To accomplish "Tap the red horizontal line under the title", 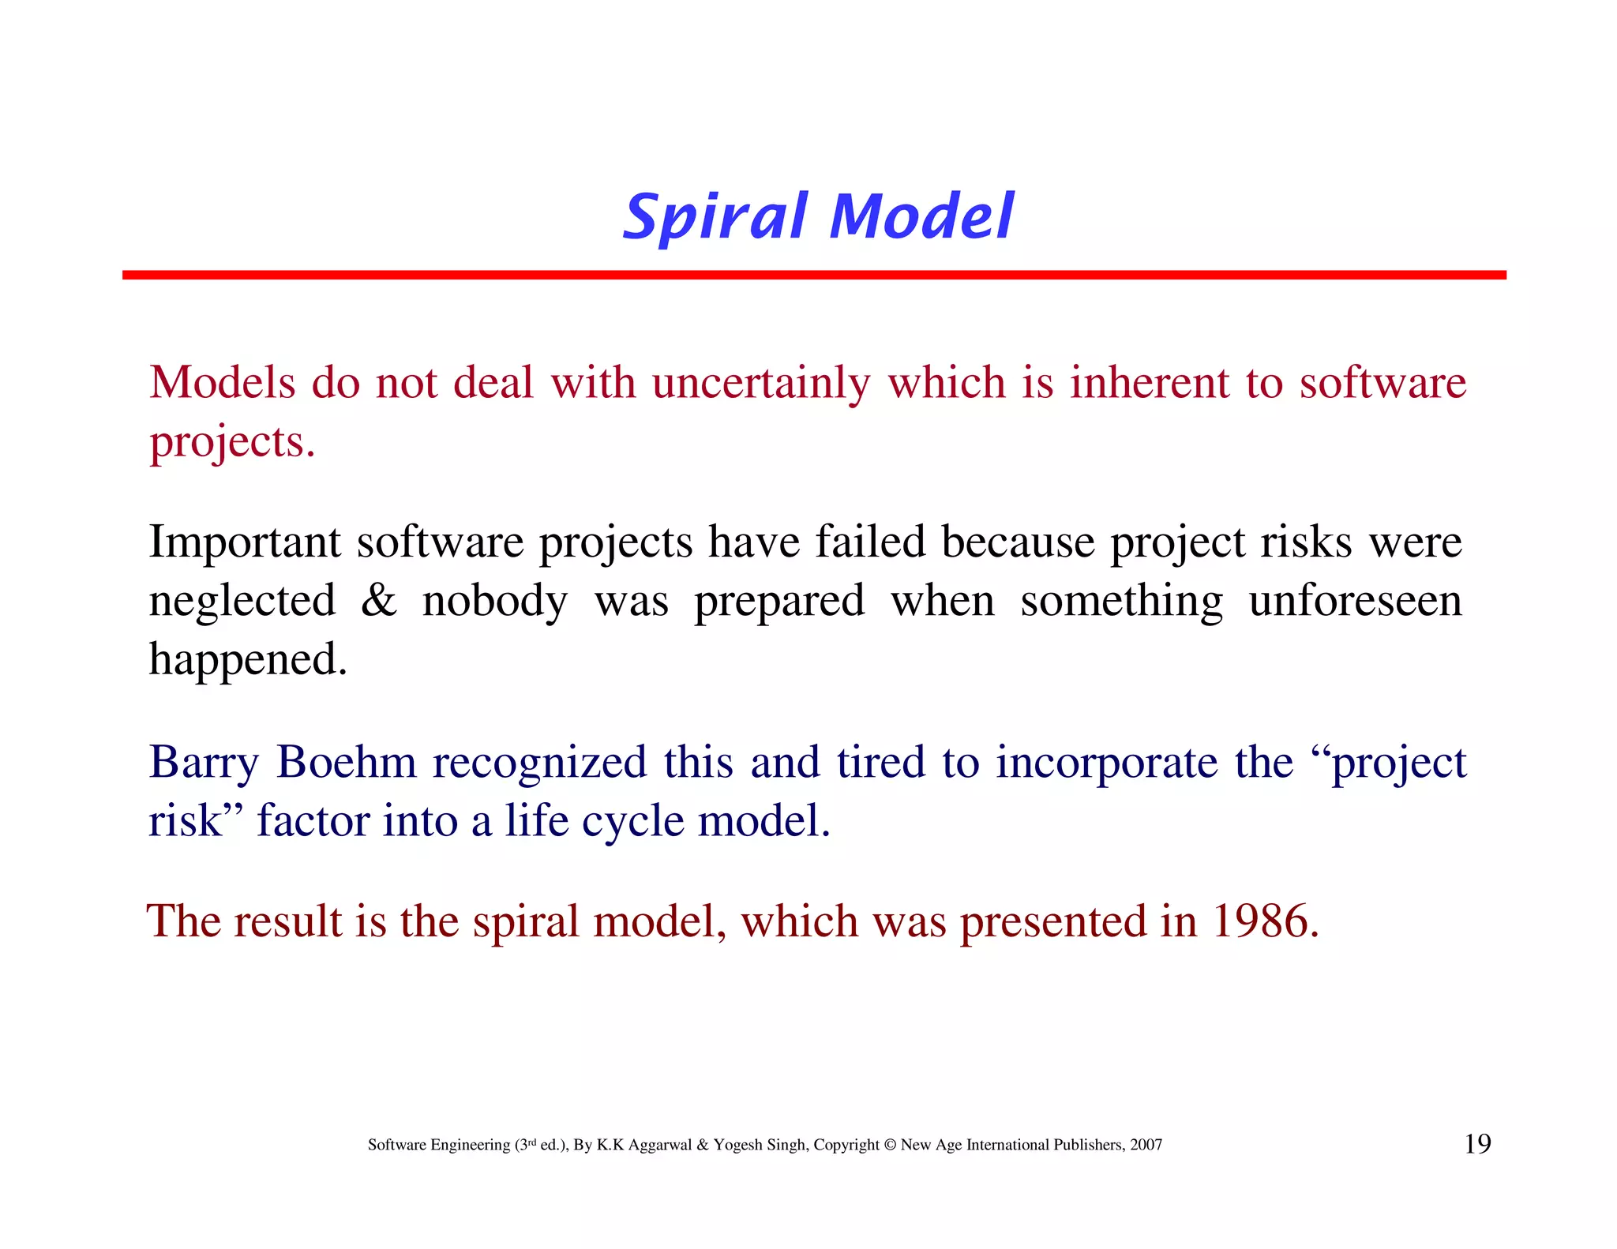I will pyautogui.click(x=813, y=275).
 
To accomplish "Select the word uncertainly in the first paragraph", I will pyautogui.click(x=760, y=384).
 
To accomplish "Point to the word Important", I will pyautogui.click(x=245, y=543).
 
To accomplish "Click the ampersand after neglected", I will pyautogui.click(x=378, y=601).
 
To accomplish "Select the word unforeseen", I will pyautogui.click(x=1355, y=601).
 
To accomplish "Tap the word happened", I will pyautogui.click(x=248, y=660).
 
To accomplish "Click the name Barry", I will pyautogui.click(x=204, y=763).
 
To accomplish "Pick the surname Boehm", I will pyautogui.click(x=346, y=763).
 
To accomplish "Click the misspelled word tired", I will pyautogui.click(x=880, y=763).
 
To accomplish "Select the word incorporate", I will pyautogui.click(x=1105, y=763).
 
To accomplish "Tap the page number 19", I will pyautogui.click(x=1477, y=1144).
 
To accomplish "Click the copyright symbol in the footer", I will pyautogui.click(x=890, y=1145).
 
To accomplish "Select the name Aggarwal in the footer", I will pyautogui.click(x=660, y=1146).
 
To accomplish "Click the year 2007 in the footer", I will pyautogui.click(x=1145, y=1145).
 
